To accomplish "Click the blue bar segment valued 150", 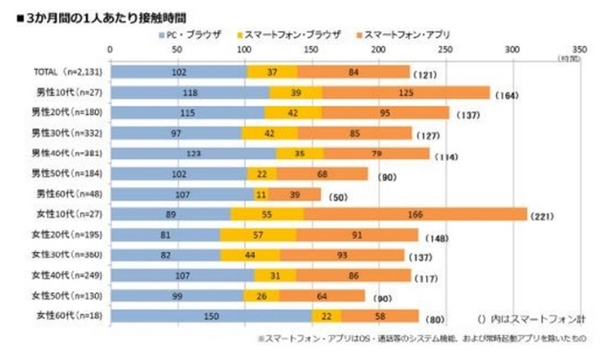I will pyautogui.click(x=211, y=315).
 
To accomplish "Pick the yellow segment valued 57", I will pyautogui.click(x=257, y=234).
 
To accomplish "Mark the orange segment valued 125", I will pyautogui.click(x=406, y=92).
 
